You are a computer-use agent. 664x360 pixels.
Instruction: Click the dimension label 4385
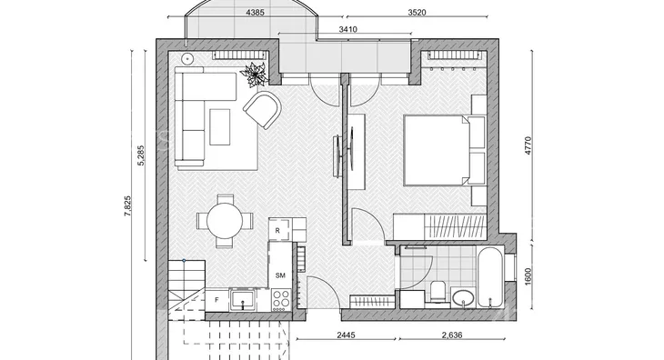coord(255,13)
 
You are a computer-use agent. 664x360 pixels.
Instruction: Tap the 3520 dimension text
coord(417,13)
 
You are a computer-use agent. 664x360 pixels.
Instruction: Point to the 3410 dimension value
coord(348,30)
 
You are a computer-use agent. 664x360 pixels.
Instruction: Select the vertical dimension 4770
coord(528,145)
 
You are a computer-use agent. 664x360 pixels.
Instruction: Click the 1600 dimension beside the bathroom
coord(528,276)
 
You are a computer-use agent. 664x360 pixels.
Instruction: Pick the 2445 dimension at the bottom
coord(346,335)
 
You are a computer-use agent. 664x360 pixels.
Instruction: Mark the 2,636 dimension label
coord(452,335)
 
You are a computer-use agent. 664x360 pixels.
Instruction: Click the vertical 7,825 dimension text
coord(128,206)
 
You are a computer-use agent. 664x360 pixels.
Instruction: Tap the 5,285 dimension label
coord(141,155)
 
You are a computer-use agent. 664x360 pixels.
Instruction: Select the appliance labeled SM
coord(280,265)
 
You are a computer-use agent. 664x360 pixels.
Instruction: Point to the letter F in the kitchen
coord(216,300)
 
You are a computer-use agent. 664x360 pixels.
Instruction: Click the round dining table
coord(225,221)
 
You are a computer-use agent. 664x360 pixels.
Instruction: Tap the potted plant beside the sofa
coord(255,75)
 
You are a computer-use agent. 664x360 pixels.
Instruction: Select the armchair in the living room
coord(263,109)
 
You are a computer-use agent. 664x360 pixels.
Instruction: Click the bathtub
coord(490,276)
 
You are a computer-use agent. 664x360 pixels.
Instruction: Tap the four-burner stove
coord(281,299)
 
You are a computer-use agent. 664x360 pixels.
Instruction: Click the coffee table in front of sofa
coord(220,127)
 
